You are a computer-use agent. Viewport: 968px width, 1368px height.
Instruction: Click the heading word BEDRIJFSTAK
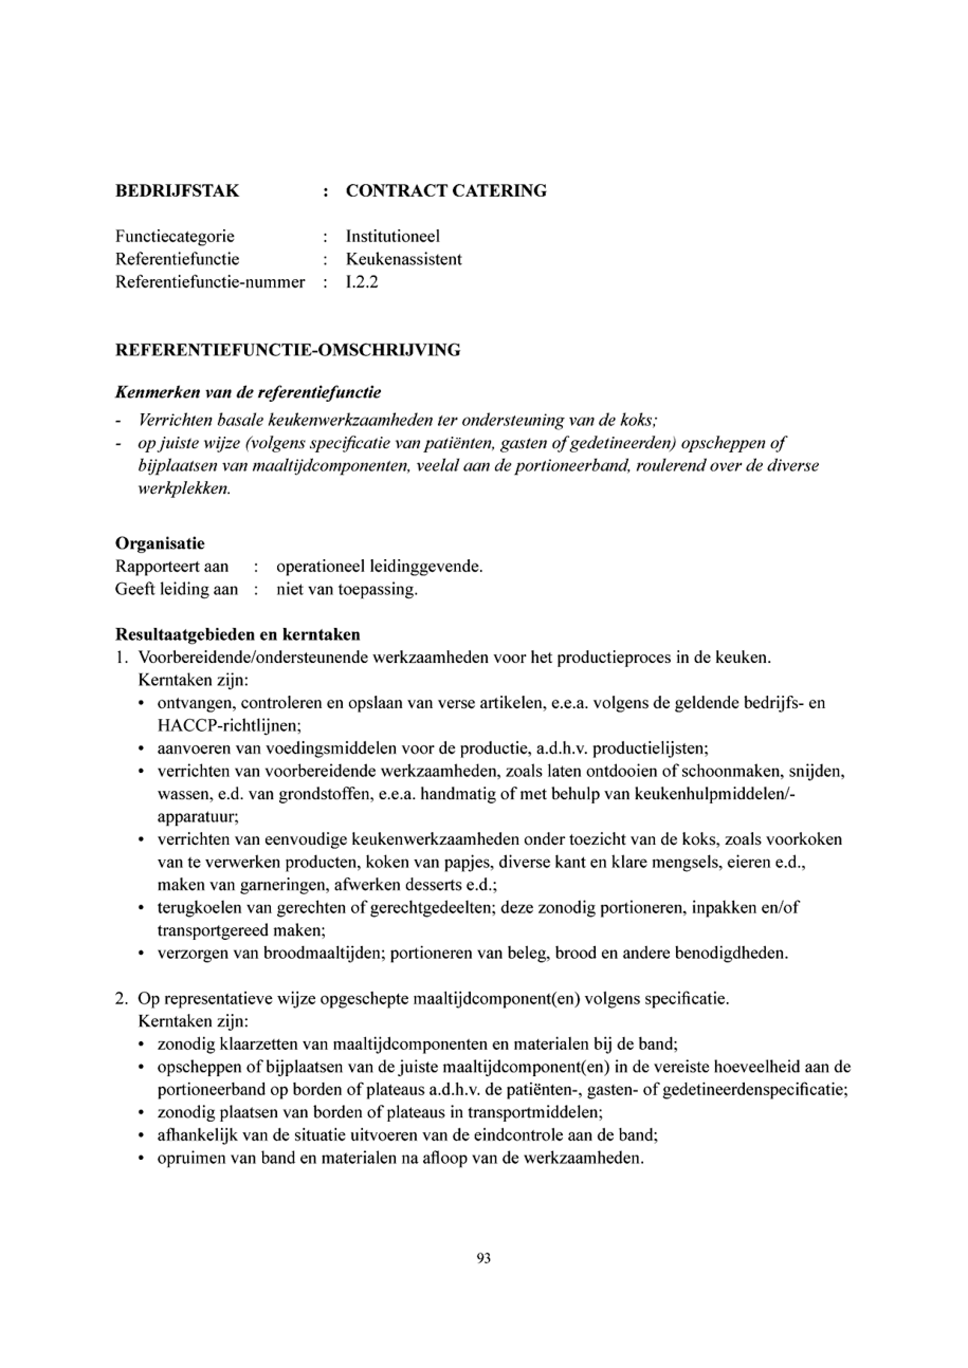(177, 191)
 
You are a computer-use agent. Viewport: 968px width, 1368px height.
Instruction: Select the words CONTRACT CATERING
(446, 191)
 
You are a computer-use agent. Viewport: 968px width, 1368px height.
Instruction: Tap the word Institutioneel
(393, 236)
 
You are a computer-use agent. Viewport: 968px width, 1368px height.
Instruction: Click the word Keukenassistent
(404, 259)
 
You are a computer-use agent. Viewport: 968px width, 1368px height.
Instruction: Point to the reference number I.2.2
(362, 282)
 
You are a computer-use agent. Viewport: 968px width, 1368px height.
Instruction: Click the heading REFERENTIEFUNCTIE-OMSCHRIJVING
(288, 350)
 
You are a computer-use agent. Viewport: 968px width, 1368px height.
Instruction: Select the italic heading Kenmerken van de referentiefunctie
(248, 393)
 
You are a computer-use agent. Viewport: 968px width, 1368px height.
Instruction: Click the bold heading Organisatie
(160, 543)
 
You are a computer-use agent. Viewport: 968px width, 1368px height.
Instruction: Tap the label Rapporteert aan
(172, 567)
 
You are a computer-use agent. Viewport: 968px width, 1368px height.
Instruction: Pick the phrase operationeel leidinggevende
(379, 567)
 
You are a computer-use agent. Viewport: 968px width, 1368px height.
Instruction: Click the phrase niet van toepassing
(346, 590)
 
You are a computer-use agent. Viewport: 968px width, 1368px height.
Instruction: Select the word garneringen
(274, 885)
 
